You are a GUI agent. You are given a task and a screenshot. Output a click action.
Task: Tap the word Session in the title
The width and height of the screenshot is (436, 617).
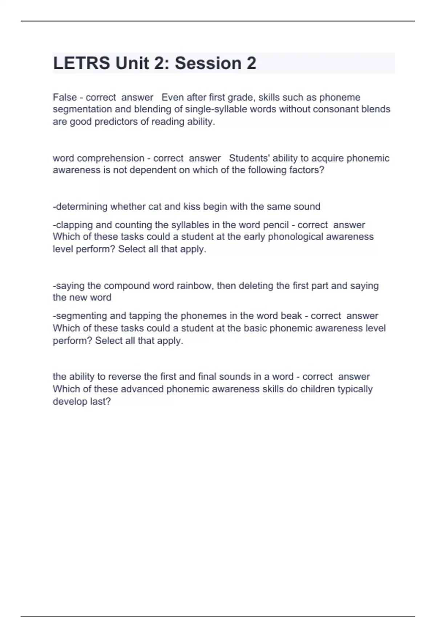208,63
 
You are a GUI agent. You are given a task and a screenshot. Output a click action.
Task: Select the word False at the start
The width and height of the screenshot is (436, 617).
65,97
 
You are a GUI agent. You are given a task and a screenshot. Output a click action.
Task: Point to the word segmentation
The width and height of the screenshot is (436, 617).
82,109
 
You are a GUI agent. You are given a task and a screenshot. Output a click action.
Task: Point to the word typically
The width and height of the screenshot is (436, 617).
355,389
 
